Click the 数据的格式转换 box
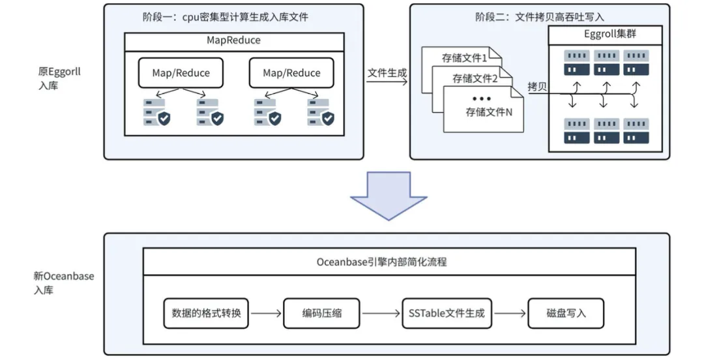coord(207,313)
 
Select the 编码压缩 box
coord(321,313)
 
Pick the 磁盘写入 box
coord(566,313)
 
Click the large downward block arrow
coord(389,195)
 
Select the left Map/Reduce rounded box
coord(181,73)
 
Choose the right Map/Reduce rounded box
coord(291,73)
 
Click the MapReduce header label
coord(233,40)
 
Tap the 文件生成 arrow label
coord(387,73)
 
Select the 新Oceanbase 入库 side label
coord(64,282)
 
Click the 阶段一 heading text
coord(225,17)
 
